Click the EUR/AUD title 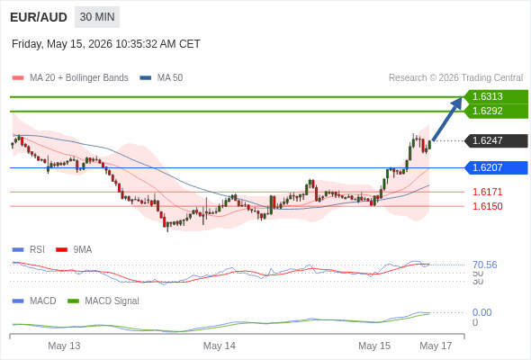(39, 17)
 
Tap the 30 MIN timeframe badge (97, 17)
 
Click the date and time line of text (106, 44)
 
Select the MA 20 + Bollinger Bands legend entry (70, 78)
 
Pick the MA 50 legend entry (161, 78)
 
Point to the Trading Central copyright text (455, 78)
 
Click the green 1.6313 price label (496, 96)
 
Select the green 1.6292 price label (496, 111)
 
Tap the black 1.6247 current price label (496, 140)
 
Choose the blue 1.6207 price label (496, 167)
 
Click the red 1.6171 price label (487, 192)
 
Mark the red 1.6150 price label (487, 206)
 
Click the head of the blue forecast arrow (461, 99)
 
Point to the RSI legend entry (29, 250)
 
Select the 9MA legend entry (74, 250)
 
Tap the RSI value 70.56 (484, 265)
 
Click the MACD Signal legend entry (103, 301)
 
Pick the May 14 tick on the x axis (219, 346)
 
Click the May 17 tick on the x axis (436, 346)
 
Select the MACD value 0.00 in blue (481, 312)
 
